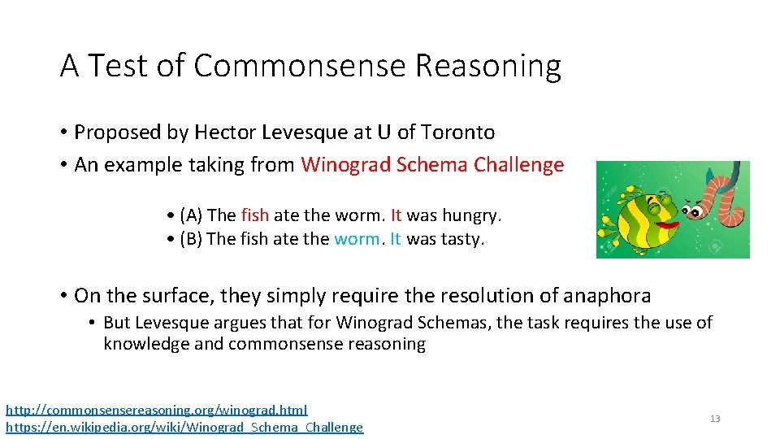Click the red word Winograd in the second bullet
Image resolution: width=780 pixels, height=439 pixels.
pos(345,165)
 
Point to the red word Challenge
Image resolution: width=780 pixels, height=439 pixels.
pos(518,165)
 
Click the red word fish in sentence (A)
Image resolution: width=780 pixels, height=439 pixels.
pos(254,215)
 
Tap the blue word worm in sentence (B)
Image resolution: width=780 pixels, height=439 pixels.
pos(357,240)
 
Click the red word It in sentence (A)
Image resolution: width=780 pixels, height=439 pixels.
pos(396,215)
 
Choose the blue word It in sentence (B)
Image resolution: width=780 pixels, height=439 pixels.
pos(396,240)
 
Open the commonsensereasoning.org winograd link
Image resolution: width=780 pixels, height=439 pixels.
pos(157,411)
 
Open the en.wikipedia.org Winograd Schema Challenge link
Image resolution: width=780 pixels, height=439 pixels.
pos(184,428)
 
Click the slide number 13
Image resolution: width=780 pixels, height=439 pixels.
pos(715,419)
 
